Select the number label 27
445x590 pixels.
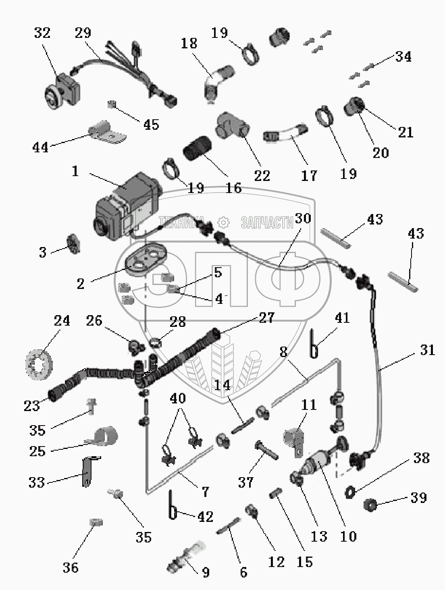pyautogui.click(x=266, y=318)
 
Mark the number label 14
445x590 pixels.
pyautogui.click(x=222, y=385)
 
